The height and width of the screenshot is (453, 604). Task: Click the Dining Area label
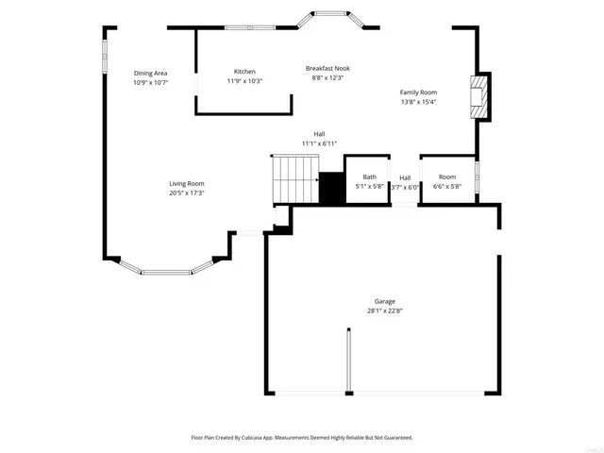point(150,73)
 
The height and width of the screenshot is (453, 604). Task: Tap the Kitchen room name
point(244,72)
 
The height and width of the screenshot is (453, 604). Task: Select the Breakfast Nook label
point(329,68)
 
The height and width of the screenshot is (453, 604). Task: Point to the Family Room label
point(418,92)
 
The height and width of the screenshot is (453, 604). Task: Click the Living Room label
point(187,183)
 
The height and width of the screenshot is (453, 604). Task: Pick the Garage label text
point(384,301)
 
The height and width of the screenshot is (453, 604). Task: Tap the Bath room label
point(369,176)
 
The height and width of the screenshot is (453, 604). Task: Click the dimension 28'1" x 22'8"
point(384,310)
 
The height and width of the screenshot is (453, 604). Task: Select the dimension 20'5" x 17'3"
point(187,193)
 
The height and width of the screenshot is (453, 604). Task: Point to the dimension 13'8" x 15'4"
point(418,102)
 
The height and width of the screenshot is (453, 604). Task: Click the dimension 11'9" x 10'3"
point(244,81)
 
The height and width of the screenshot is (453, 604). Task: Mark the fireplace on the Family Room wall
point(481,97)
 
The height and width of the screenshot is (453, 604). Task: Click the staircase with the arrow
point(295,178)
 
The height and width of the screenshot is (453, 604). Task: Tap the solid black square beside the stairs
point(331,188)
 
